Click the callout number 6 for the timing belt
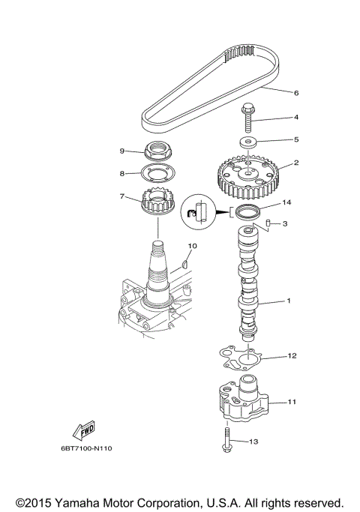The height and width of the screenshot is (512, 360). [x=296, y=93]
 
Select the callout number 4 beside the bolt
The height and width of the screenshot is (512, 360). [x=296, y=118]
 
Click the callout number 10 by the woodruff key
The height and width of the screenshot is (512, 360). [x=192, y=246]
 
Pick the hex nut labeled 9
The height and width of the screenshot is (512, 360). [x=155, y=151]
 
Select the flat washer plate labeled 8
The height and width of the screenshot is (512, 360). [x=156, y=174]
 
